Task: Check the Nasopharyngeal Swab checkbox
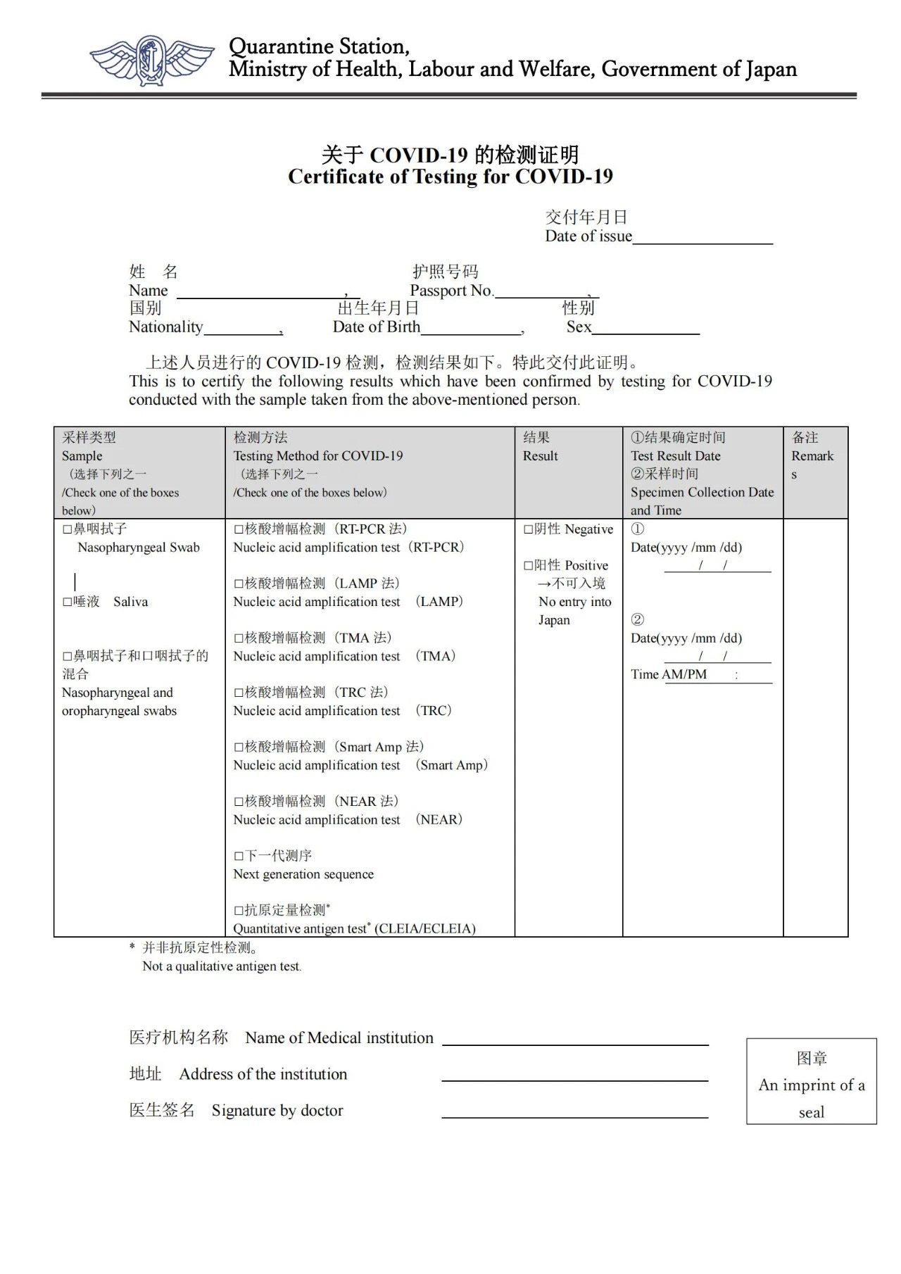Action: (x=68, y=529)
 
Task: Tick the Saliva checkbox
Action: (x=68, y=602)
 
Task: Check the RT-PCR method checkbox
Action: (x=239, y=529)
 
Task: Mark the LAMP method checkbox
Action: (x=239, y=584)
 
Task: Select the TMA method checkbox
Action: (x=239, y=638)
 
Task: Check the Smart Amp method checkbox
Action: (x=239, y=748)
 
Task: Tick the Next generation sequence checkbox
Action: (x=239, y=857)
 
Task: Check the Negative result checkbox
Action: (x=528, y=529)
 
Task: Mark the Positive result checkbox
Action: (x=528, y=565)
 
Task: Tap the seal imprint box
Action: (x=811, y=1081)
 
